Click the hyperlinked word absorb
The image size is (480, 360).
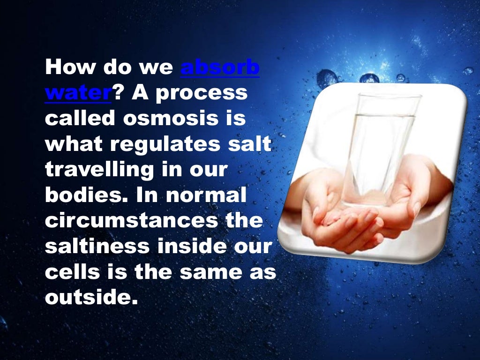coord(220,68)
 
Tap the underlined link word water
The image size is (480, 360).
coord(78,93)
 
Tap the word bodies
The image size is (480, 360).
coord(86,195)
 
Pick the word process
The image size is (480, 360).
coord(202,93)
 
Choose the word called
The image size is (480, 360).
coord(80,119)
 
